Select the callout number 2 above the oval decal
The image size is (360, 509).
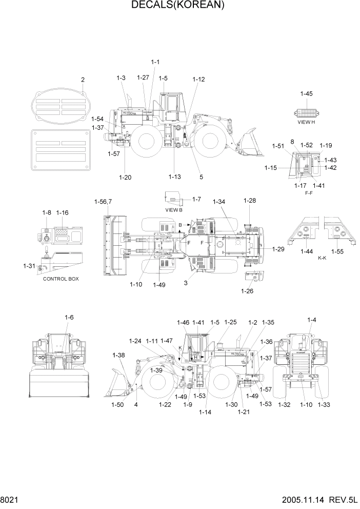83,80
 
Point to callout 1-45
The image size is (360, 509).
307,93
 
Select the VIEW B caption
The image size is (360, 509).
173,210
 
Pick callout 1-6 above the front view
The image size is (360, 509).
69,318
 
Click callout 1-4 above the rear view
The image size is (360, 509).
311,320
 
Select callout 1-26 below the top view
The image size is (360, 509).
247,291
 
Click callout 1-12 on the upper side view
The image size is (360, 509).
198,80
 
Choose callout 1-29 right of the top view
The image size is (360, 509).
278,249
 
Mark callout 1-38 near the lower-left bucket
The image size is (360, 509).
118,355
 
